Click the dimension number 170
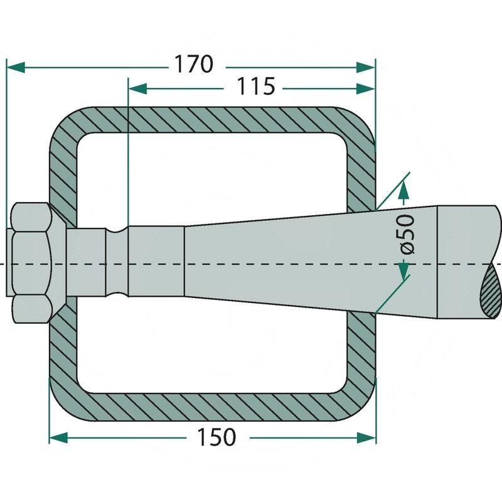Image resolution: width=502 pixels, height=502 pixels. point(193,64)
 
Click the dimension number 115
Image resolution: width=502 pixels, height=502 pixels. point(255,87)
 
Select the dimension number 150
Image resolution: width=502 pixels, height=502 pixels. point(216,437)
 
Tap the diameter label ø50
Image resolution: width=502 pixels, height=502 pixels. point(407,234)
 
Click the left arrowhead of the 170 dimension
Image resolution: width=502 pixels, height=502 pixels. point(16,68)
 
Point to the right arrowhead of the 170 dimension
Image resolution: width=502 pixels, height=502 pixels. point(365,68)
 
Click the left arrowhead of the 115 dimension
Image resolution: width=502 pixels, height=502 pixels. point(137,88)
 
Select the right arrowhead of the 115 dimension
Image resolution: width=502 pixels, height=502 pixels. point(365,88)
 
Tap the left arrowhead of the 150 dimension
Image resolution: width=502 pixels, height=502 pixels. point(58,437)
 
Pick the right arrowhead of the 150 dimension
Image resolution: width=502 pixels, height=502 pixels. point(366,437)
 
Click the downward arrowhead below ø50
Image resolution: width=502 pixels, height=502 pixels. point(404,270)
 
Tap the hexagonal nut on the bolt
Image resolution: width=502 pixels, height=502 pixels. point(31,262)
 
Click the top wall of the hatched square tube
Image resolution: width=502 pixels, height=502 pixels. point(211,120)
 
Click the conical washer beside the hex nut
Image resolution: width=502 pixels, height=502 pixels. point(58,262)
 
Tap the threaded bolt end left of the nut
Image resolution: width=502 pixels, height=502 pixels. point(9,262)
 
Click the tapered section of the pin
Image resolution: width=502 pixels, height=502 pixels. point(311,262)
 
